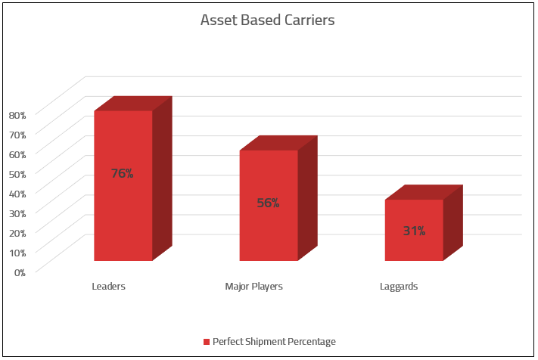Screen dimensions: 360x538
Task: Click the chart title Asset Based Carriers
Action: click(267, 20)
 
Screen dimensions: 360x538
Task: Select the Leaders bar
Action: click(123, 212)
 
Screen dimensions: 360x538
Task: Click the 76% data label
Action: click(122, 173)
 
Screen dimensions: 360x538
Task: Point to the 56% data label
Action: click(268, 203)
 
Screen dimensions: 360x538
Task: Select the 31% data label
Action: click(414, 231)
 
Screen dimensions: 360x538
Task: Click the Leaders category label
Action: click(108, 287)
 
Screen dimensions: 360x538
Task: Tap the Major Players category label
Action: click(253, 287)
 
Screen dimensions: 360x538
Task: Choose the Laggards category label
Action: click(399, 287)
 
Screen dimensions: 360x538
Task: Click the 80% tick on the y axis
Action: click(17, 114)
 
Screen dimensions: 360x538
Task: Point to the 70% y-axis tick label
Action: click(17, 134)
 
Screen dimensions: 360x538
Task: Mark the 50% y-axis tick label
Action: click(17, 173)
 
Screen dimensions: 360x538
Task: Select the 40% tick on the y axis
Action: click(17, 193)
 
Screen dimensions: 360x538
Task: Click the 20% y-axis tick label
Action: click(17, 232)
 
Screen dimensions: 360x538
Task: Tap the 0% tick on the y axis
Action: click(20, 271)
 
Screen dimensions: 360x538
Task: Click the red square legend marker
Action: click(207, 342)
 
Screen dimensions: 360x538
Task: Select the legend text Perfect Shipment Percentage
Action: click(274, 342)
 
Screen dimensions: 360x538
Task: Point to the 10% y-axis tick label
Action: click(17, 252)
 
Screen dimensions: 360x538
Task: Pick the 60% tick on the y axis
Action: click(17, 154)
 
